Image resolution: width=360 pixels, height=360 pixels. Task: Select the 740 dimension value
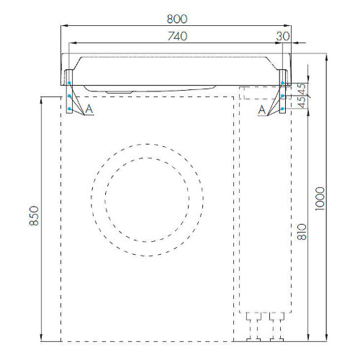pos(177,35)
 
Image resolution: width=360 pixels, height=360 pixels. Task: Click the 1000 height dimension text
pos(320,199)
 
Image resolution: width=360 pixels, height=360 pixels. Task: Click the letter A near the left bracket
pos(89,109)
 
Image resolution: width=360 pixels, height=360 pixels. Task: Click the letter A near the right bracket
pos(263,109)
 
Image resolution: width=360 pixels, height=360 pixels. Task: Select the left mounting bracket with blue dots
pos(70,91)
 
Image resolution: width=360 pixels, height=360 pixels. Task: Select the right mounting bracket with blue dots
pos(284,91)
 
